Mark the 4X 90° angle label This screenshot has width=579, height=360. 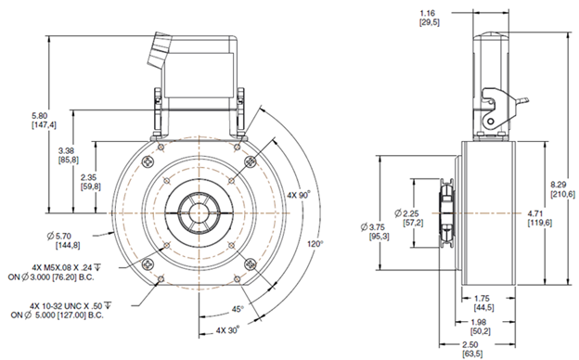[x=299, y=195]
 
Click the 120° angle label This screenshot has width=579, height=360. [x=315, y=244]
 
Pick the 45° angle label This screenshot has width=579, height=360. [x=238, y=309]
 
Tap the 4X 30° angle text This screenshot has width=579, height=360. [x=227, y=330]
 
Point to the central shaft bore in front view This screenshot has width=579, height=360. [x=199, y=213]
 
